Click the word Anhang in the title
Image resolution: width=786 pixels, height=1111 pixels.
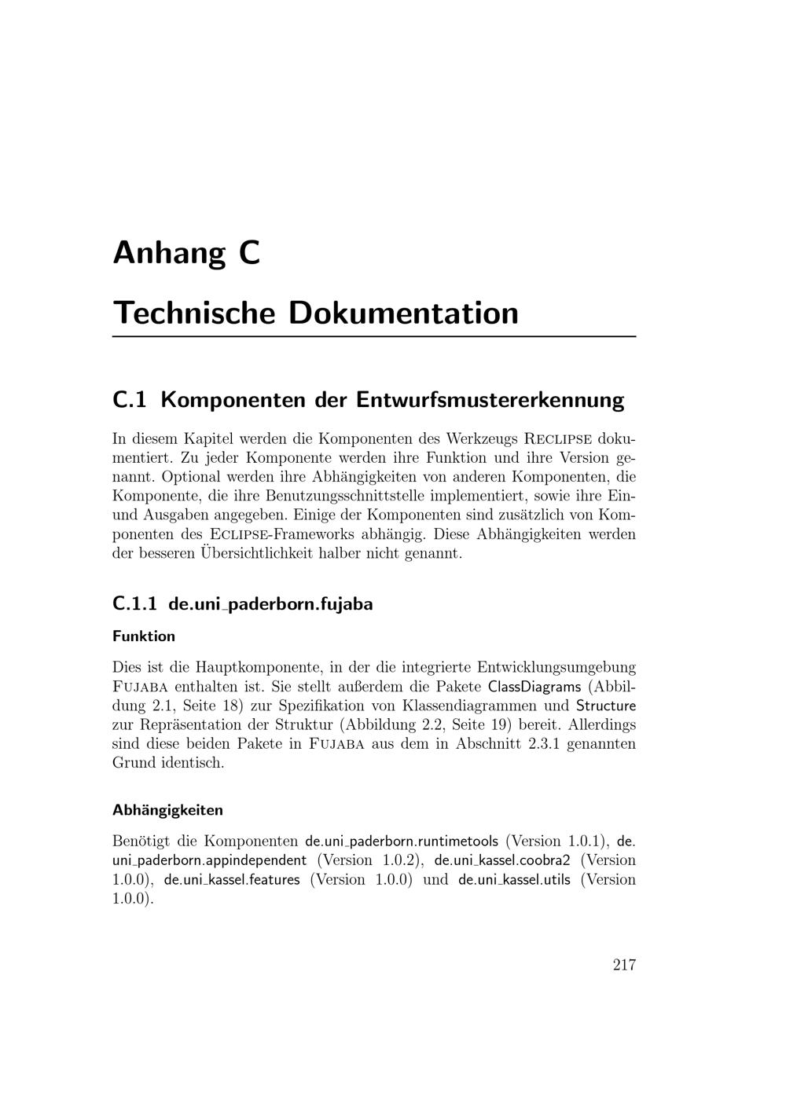coord(170,254)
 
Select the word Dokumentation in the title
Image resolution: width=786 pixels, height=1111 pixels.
coord(404,313)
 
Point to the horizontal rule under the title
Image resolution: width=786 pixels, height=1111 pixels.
coord(374,336)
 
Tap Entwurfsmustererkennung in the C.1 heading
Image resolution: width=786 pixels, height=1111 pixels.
coord(490,400)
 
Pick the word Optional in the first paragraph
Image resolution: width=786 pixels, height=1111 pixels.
coord(195,476)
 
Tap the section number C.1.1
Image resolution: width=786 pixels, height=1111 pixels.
coord(135,604)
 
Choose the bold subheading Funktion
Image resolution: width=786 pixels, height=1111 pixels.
coord(144,636)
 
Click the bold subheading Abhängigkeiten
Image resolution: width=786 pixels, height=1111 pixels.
coord(167,809)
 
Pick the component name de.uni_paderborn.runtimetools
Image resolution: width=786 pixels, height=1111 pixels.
coord(402,841)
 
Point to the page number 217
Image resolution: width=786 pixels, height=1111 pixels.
coord(624,965)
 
